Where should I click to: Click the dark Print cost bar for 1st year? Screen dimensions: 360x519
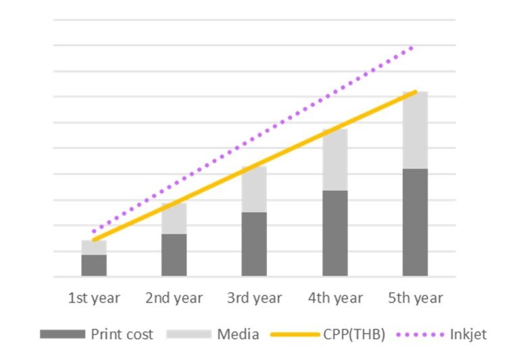tap(94, 265)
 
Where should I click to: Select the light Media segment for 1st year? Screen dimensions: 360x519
tap(94, 247)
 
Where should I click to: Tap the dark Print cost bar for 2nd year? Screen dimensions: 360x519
tap(174, 255)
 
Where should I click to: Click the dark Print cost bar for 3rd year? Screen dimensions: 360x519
tap(254, 244)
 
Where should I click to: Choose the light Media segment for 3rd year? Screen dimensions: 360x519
tap(254, 190)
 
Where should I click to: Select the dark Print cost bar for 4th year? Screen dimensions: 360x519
tap(335, 233)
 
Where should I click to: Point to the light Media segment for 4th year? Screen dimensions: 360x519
tap(335, 160)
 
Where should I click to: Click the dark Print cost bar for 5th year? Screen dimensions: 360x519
tap(415, 222)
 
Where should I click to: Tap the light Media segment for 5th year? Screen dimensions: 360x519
tap(415, 130)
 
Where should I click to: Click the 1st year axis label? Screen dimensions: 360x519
tap(94, 298)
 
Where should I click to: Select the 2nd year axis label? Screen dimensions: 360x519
tap(174, 298)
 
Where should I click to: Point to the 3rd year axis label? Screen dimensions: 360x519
tap(254, 298)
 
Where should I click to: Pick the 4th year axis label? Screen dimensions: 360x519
tap(335, 298)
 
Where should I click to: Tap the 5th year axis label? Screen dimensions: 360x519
tap(415, 298)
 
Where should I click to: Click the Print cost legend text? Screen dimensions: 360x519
tap(122, 334)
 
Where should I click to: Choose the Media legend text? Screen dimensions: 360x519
tap(237, 334)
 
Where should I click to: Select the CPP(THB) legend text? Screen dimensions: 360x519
tap(354, 334)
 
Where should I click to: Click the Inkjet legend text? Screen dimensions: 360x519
tap(468, 334)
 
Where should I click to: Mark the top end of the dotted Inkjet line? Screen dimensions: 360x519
tap(412, 47)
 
